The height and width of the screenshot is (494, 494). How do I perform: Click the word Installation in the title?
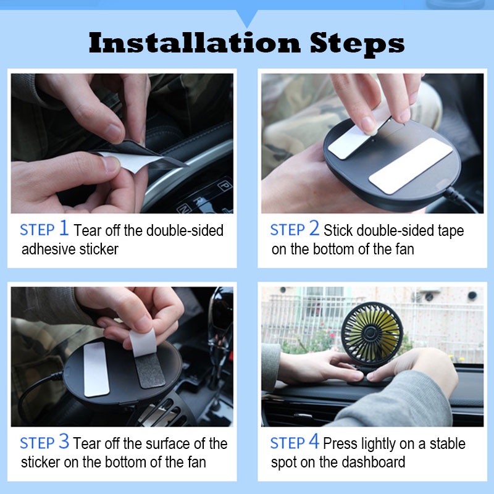click(195, 43)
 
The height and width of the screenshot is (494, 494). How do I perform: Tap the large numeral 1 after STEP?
click(64, 228)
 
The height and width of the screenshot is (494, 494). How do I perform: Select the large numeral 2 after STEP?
click(314, 228)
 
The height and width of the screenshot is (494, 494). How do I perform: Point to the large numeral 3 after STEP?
click(64, 441)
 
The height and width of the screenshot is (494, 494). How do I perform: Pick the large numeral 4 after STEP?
click(314, 441)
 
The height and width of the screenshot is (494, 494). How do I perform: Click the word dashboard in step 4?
click(374, 462)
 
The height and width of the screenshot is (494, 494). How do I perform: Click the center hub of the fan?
click(371, 332)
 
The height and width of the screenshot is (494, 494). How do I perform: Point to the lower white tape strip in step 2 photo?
click(411, 166)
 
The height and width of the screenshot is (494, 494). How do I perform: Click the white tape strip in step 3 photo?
click(96, 369)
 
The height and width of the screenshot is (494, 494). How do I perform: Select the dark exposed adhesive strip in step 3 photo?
click(150, 370)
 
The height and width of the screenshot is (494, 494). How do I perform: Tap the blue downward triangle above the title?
click(247, 18)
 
